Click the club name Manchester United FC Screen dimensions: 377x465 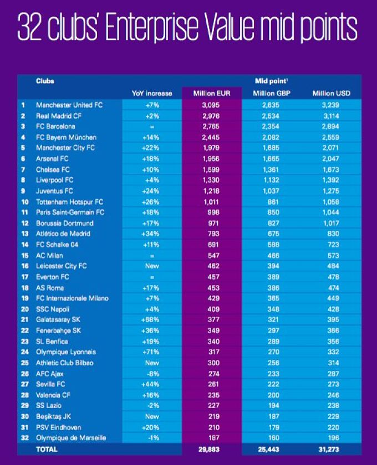point(69,105)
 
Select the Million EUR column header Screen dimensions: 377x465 point(212,94)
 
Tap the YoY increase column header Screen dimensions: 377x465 point(152,94)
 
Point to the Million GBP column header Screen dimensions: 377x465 point(272,94)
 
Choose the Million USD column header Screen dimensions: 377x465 point(331,94)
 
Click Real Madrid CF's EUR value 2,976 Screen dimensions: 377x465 point(211,116)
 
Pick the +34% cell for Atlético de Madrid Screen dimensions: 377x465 point(151,234)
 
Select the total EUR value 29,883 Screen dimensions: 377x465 point(209,449)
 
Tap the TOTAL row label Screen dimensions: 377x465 point(47,449)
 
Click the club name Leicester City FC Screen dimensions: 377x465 point(61,266)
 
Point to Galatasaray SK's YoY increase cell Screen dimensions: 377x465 point(150,320)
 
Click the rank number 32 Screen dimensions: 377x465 point(25,438)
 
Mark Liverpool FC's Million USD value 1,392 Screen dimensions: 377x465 point(330,180)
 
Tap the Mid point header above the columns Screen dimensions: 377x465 point(271,81)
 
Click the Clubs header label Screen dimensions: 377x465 point(45,81)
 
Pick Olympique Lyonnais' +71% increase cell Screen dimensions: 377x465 point(151,352)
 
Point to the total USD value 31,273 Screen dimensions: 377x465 point(328,449)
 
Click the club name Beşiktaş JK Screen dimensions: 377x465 point(53,417)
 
